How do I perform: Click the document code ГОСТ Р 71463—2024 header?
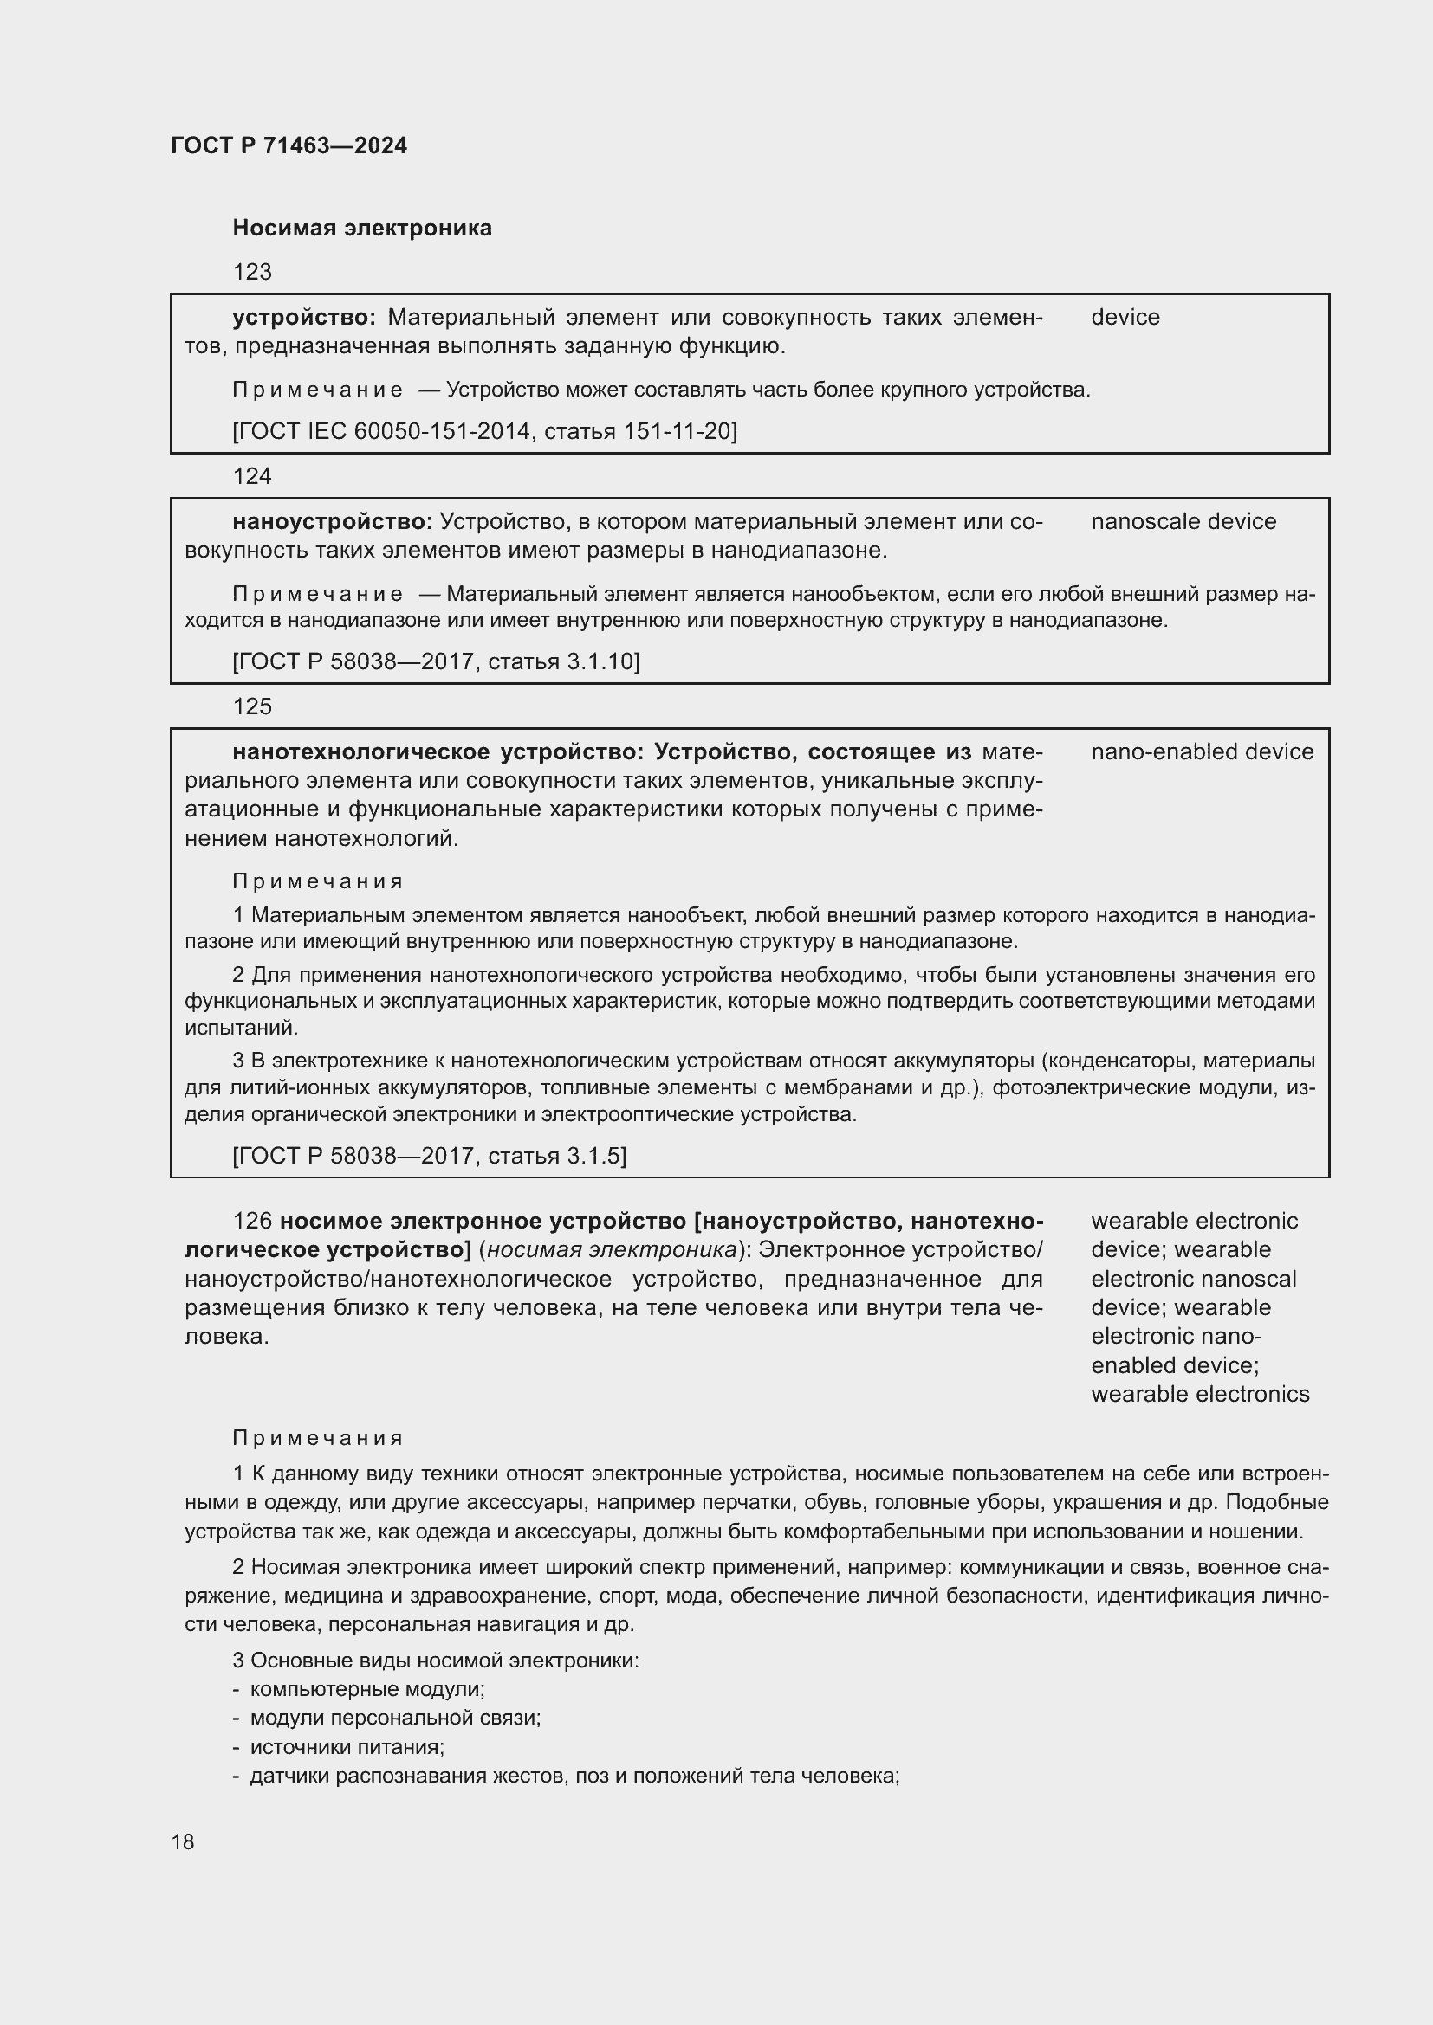pos(289,145)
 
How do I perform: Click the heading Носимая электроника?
pos(362,229)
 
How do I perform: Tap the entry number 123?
pos(252,272)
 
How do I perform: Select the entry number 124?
pos(252,476)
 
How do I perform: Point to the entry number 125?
pos(252,706)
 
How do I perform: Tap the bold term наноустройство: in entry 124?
pos(333,522)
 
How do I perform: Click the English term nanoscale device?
pos(1183,522)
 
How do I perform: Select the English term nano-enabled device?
pos(1202,752)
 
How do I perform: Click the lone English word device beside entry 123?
pos(1125,318)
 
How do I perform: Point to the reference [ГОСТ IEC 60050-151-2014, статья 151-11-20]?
pos(484,431)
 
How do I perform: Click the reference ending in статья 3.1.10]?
pos(436,661)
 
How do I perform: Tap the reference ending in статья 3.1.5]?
pos(430,1157)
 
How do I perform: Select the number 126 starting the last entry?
pos(252,1222)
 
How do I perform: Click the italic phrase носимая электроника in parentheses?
pos(612,1250)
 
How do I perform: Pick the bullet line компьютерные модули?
pos(367,1690)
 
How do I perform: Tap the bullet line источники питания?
pos(347,1747)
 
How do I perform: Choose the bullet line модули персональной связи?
pos(395,1718)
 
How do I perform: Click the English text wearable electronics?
pos(1200,1395)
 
